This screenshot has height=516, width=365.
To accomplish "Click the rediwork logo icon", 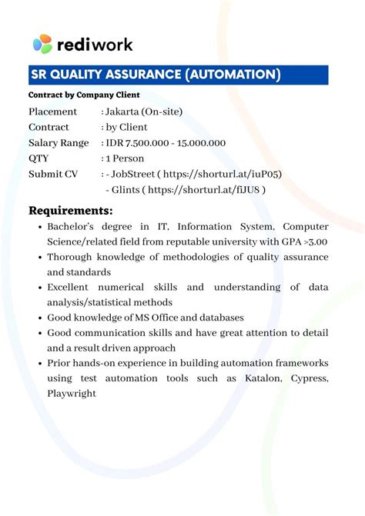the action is point(42,44).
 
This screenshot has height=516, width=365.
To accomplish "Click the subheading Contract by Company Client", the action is point(84,95).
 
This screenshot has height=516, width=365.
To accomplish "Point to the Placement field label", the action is point(53,112).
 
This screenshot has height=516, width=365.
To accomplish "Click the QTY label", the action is point(39,158).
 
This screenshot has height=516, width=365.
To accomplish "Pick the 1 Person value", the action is point(126,158).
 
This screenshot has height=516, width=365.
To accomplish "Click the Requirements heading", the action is point(71,210).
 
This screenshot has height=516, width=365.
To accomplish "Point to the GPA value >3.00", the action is point(314,241).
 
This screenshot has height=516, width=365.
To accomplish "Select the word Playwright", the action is point(72,393).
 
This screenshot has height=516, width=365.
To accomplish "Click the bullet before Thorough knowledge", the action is point(39,258).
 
